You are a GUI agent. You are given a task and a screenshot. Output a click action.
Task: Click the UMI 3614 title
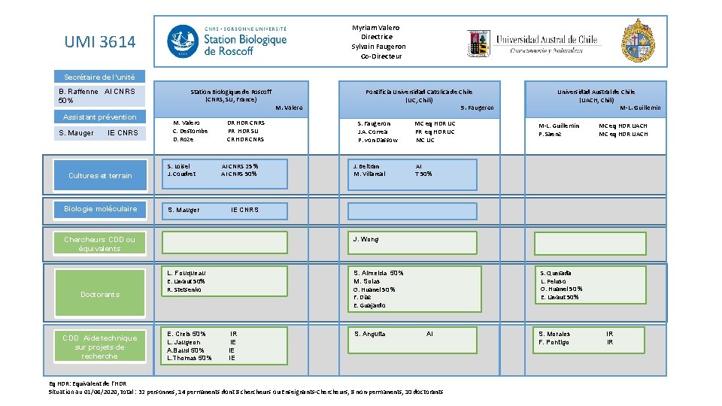100,42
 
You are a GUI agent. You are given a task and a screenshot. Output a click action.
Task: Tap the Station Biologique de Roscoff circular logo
184,41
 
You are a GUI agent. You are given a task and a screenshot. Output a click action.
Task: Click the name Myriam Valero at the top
376,28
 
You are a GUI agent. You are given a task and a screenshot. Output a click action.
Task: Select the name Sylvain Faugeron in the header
378,47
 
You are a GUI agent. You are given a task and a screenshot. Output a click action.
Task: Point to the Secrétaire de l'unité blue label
100,77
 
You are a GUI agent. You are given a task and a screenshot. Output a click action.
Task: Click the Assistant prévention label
100,117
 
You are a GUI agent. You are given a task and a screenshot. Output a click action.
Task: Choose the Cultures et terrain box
100,175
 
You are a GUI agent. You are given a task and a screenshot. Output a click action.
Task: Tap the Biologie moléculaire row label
100,208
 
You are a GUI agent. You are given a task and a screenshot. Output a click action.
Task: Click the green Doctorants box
100,294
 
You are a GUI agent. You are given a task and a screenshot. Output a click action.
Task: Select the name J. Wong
366,239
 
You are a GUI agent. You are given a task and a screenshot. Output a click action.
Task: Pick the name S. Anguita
369,334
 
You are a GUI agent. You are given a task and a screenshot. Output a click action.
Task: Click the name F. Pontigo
554,342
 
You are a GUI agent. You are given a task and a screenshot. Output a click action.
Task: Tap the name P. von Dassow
378,140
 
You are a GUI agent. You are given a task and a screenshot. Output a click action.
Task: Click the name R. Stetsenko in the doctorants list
185,289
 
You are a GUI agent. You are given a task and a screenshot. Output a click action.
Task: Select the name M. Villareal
369,174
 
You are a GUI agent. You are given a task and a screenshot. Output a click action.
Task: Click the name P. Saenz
550,134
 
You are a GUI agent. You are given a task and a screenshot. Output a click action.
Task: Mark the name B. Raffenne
79,92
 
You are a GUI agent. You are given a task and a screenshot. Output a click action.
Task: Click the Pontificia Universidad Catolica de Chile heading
419,92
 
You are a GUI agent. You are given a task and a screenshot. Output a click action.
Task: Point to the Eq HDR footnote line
87,383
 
